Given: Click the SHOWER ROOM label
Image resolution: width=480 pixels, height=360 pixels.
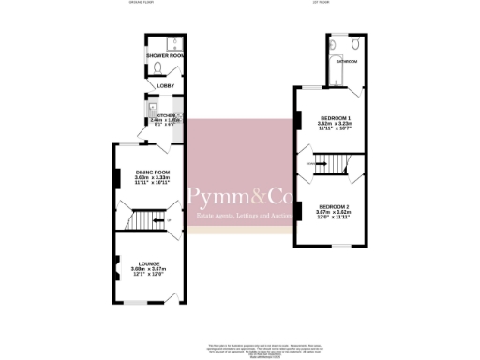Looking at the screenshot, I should tap(164, 56).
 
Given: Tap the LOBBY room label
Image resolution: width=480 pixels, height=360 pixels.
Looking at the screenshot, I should tap(163, 86).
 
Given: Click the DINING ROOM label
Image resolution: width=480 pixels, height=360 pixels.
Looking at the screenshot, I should tap(151, 172).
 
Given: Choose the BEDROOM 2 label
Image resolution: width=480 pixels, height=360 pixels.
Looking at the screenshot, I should tap(333, 205).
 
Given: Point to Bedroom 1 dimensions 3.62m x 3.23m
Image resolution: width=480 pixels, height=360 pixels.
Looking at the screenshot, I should tap(333, 124).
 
